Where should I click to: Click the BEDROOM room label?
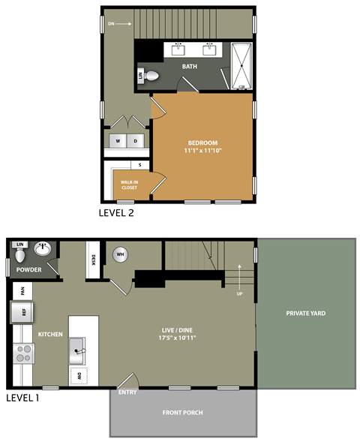click(202, 143)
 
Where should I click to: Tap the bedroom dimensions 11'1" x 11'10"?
click(202, 151)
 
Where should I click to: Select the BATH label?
click(190, 67)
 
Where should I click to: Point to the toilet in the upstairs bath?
click(151, 75)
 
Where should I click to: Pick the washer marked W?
click(118, 140)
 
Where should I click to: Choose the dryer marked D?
click(136, 140)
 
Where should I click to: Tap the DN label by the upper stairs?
click(111, 24)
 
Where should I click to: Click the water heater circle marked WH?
click(119, 255)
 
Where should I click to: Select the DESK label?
click(94, 260)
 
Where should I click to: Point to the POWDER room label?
click(29, 269)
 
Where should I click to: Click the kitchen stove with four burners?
click(23, 353)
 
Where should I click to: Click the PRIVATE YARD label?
click(306, 313)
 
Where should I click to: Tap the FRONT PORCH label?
click(183, 413)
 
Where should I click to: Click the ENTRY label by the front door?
click(127, 392)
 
